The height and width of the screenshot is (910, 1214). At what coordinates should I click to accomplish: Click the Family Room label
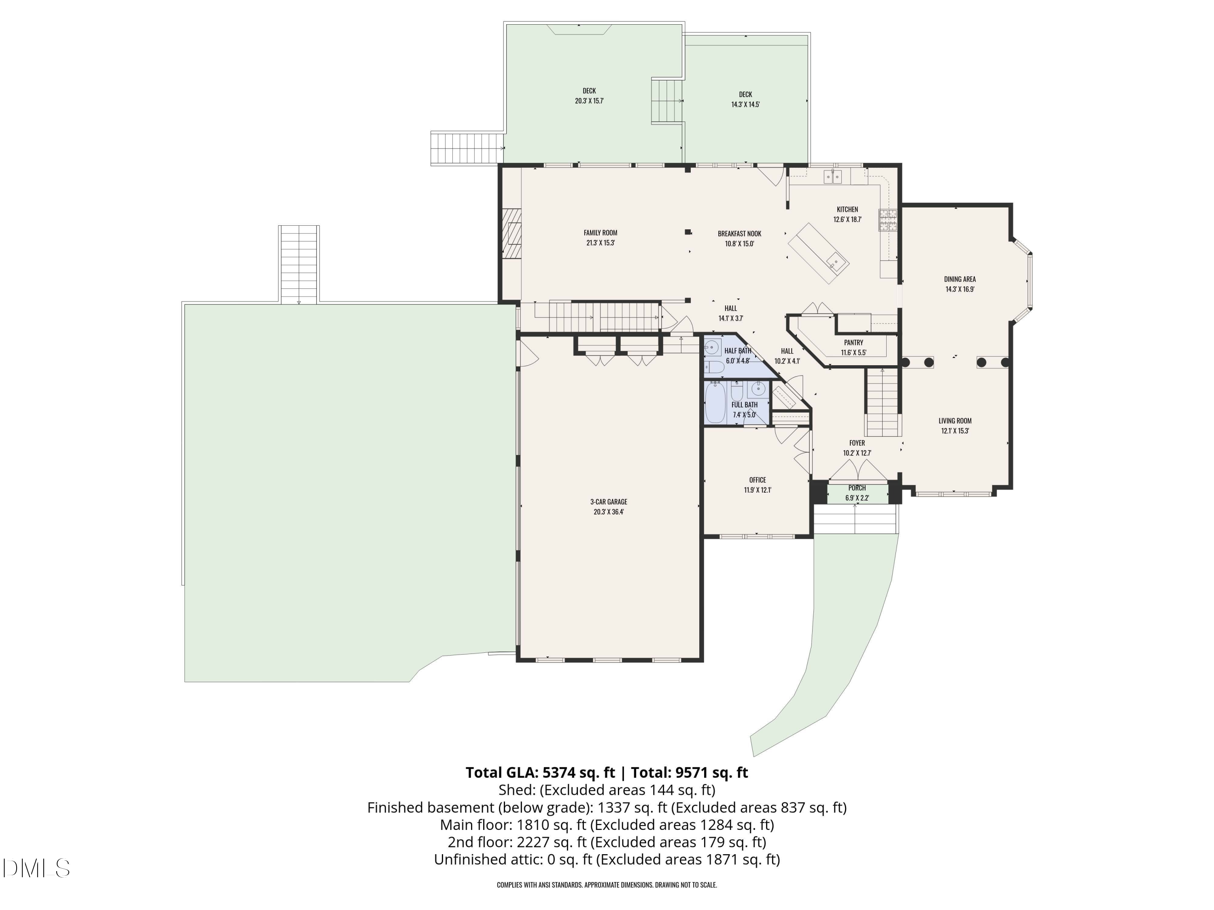point(601,233)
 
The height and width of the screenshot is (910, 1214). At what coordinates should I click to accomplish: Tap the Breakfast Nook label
point(739,234)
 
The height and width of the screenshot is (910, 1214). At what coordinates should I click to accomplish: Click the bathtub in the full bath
point(715,402)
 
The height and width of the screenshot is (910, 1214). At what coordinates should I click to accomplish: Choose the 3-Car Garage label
point(609,502)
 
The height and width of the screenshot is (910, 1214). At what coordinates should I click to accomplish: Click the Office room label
point(758,480)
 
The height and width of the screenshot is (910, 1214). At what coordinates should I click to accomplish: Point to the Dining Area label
point(960,279)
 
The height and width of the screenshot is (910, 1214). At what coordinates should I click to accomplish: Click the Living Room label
point(955,421)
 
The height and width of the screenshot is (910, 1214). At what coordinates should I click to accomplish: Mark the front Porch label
point(857,488)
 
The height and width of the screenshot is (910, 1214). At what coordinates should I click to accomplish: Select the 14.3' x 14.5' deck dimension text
point(745,104)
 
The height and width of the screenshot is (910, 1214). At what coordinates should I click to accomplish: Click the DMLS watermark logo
point(36,868)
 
